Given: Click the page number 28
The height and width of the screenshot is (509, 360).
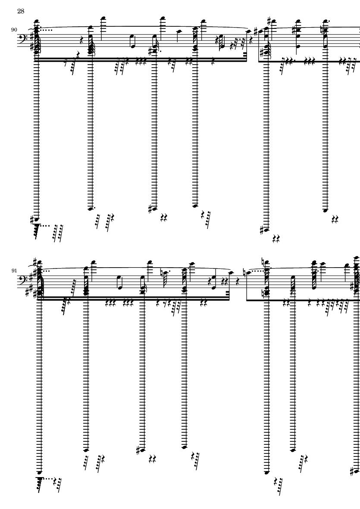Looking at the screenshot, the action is pyautogui.click(x=21, y=11).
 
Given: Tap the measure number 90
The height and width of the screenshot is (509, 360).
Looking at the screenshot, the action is pyautogui.click(x=14, y=30).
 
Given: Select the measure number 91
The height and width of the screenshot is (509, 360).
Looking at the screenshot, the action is pyautogui.click(x=14, y=270).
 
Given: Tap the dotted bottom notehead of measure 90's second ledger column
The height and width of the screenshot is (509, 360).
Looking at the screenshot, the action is pyautogui.click(x=91, y=209).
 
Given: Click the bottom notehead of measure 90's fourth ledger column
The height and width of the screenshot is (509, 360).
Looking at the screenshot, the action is pyautogui.click(x=195, y=206).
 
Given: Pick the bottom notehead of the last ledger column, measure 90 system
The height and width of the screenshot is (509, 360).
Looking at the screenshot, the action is pyautogui.click(x=326, y=210).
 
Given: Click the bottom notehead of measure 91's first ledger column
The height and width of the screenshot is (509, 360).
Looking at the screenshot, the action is pyautogui.click(x=40, y=473).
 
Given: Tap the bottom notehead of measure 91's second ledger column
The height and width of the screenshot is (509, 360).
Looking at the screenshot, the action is pyautogui.click(x=86, y=450).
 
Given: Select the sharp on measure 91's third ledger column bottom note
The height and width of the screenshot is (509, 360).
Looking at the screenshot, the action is pyautogui.click(x=139, y=450).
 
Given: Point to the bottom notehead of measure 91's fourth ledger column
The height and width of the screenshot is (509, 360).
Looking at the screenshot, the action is pyautogui.click(x=185, y=447).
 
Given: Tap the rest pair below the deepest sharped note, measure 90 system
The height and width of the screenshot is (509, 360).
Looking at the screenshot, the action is pyautogui.click(x=276, y=239).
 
